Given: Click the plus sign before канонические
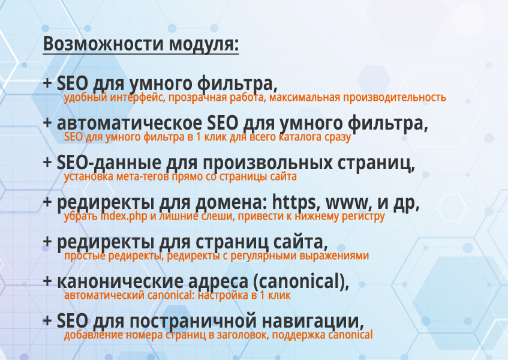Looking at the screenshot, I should (x=47, y=281).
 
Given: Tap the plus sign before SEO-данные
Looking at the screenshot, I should (x=47, y=163).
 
